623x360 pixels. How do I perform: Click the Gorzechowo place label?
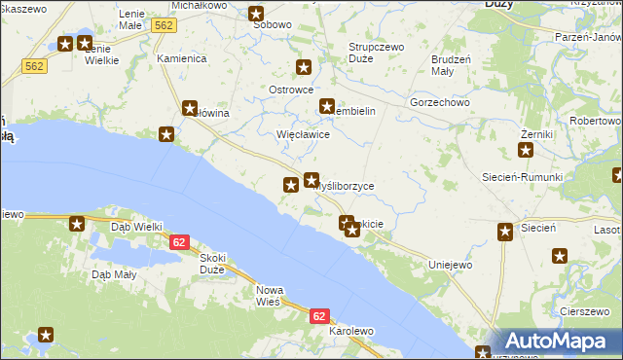[440, 101]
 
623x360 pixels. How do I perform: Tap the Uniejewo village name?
[450, 265]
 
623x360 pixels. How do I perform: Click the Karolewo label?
[351, 332]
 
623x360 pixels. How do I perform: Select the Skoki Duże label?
[211, 263]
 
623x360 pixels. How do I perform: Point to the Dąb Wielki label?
[136, 227]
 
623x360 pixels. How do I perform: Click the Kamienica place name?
[182, 58]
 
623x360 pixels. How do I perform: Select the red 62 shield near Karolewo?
[320, 316]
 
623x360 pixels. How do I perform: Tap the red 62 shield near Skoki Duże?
[178, 242]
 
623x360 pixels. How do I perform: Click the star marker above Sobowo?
[256, 14]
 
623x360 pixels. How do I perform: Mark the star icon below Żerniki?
[526, 150]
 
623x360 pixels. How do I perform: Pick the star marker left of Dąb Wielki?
[77, 225]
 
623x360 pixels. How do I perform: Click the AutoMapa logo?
[558, 342]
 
